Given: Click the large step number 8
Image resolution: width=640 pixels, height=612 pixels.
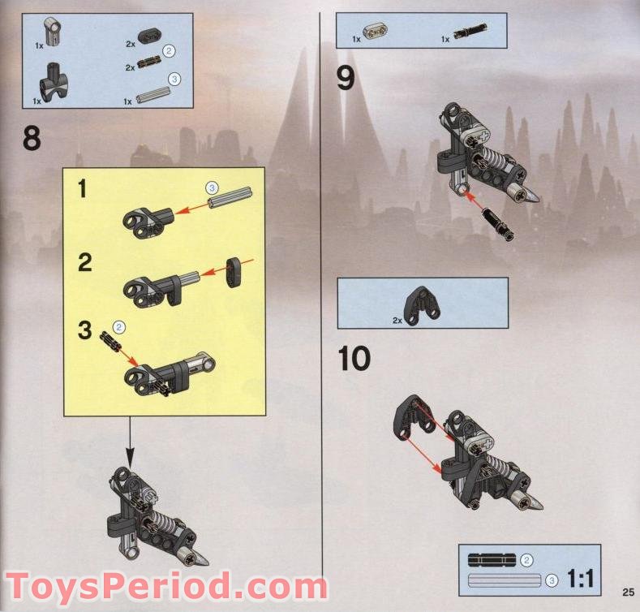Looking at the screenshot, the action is click(32, 138).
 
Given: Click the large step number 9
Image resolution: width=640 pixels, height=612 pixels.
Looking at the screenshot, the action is click(346, 78).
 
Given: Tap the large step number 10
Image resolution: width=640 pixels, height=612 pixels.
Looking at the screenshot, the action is click(354, 358).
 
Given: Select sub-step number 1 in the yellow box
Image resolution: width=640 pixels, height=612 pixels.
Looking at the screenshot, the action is click(83, 189).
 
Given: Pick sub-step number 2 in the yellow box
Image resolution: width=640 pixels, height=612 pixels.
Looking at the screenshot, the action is click(85, 262).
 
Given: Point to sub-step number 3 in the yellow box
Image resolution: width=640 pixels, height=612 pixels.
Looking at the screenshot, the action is click(85, 330).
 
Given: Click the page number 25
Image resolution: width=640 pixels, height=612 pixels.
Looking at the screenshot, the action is click(629, 592).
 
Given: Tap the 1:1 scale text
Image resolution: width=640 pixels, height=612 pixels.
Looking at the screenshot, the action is click(581, 578).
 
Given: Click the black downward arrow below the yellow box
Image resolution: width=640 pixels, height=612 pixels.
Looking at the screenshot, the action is click(130, 442).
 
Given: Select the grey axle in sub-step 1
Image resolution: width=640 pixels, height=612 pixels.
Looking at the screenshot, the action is click(231, 197).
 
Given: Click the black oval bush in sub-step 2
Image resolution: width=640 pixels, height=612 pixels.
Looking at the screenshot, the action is click(234, 272).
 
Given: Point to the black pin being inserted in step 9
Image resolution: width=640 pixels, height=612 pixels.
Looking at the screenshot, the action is click(497, 224).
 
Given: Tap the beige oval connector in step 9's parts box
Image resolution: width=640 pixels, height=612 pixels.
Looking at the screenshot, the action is click(375, 31).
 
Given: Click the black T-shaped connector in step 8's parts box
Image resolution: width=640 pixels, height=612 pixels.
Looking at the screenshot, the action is click(54, 82).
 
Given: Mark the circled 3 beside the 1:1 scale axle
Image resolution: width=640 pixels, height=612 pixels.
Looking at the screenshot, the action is click(552, 580).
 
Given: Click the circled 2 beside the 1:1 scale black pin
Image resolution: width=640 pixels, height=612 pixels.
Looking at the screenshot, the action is click(526, 561).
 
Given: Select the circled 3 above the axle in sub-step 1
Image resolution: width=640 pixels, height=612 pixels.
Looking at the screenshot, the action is click(212, 188).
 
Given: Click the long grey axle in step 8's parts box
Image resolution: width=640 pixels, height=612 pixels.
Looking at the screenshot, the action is click(152, 95).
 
